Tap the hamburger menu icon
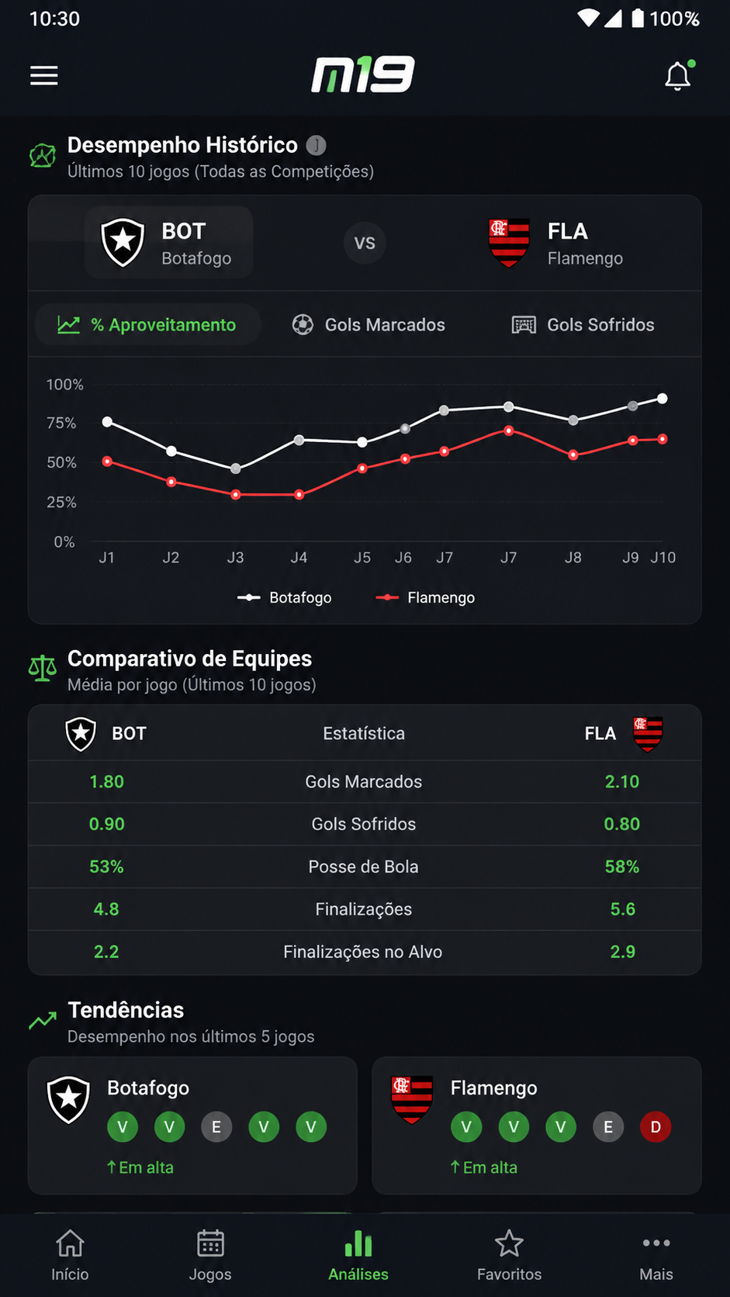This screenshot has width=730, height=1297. [x=44, y=76]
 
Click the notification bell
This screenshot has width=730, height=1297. [x=678, y=76]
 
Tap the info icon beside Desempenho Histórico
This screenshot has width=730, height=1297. [x=316, y=145]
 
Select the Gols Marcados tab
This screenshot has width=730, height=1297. [x=368, y=325]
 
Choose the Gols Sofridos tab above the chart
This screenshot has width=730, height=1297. [x=583, y=325]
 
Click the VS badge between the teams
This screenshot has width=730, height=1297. [x=365, y=243]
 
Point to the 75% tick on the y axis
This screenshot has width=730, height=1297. [x=61, y=424]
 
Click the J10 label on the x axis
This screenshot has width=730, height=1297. [x=663, y=558]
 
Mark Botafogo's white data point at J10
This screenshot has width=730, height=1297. [x=663, y=399]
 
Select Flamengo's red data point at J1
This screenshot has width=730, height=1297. [x=107, y=462]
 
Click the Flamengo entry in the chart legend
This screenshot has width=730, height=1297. [x=425, y=597]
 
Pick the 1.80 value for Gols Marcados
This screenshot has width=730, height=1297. [x=106, y=782]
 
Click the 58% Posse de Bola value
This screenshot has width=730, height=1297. [x=622, y=866]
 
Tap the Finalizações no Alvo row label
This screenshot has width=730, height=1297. [x=363, y=952]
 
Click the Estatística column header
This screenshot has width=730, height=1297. [x=364, y=734]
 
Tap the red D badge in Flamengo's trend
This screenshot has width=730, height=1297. [x=656, y=1127]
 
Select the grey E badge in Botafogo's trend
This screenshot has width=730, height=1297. [x=216, y=1127]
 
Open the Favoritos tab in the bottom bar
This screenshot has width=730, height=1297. [x=510, y=1255]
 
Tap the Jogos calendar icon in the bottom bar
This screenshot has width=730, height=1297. [x=210, y=1243]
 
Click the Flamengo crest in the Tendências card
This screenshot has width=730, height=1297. [x=412, y=1099]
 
